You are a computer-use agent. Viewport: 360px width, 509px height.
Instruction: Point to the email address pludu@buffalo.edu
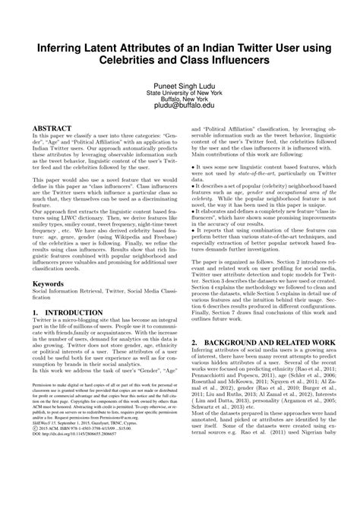179,109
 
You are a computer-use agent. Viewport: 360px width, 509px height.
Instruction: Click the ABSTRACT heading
50,130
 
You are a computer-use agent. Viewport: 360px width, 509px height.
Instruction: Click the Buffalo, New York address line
179,102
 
